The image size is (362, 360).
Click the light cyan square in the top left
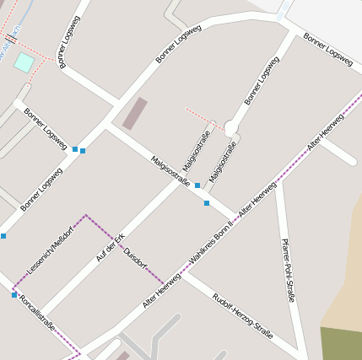click(x=24, y=62)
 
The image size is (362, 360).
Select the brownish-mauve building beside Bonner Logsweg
click(x=135, y=113)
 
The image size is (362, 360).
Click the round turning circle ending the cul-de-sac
click(x=231, y=127)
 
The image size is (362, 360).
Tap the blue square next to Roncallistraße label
click(x=14, y=295)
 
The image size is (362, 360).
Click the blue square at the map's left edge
click(x=3, y=236)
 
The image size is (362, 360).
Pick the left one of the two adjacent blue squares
click(x=75, y=149)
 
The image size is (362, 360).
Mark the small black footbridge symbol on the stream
click(x=12, y=38)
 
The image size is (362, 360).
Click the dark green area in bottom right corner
click(x=341, y=343)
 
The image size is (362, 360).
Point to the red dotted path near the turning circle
click(x=203, y=116)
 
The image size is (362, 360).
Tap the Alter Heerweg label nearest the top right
click(x=326, y=132)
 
